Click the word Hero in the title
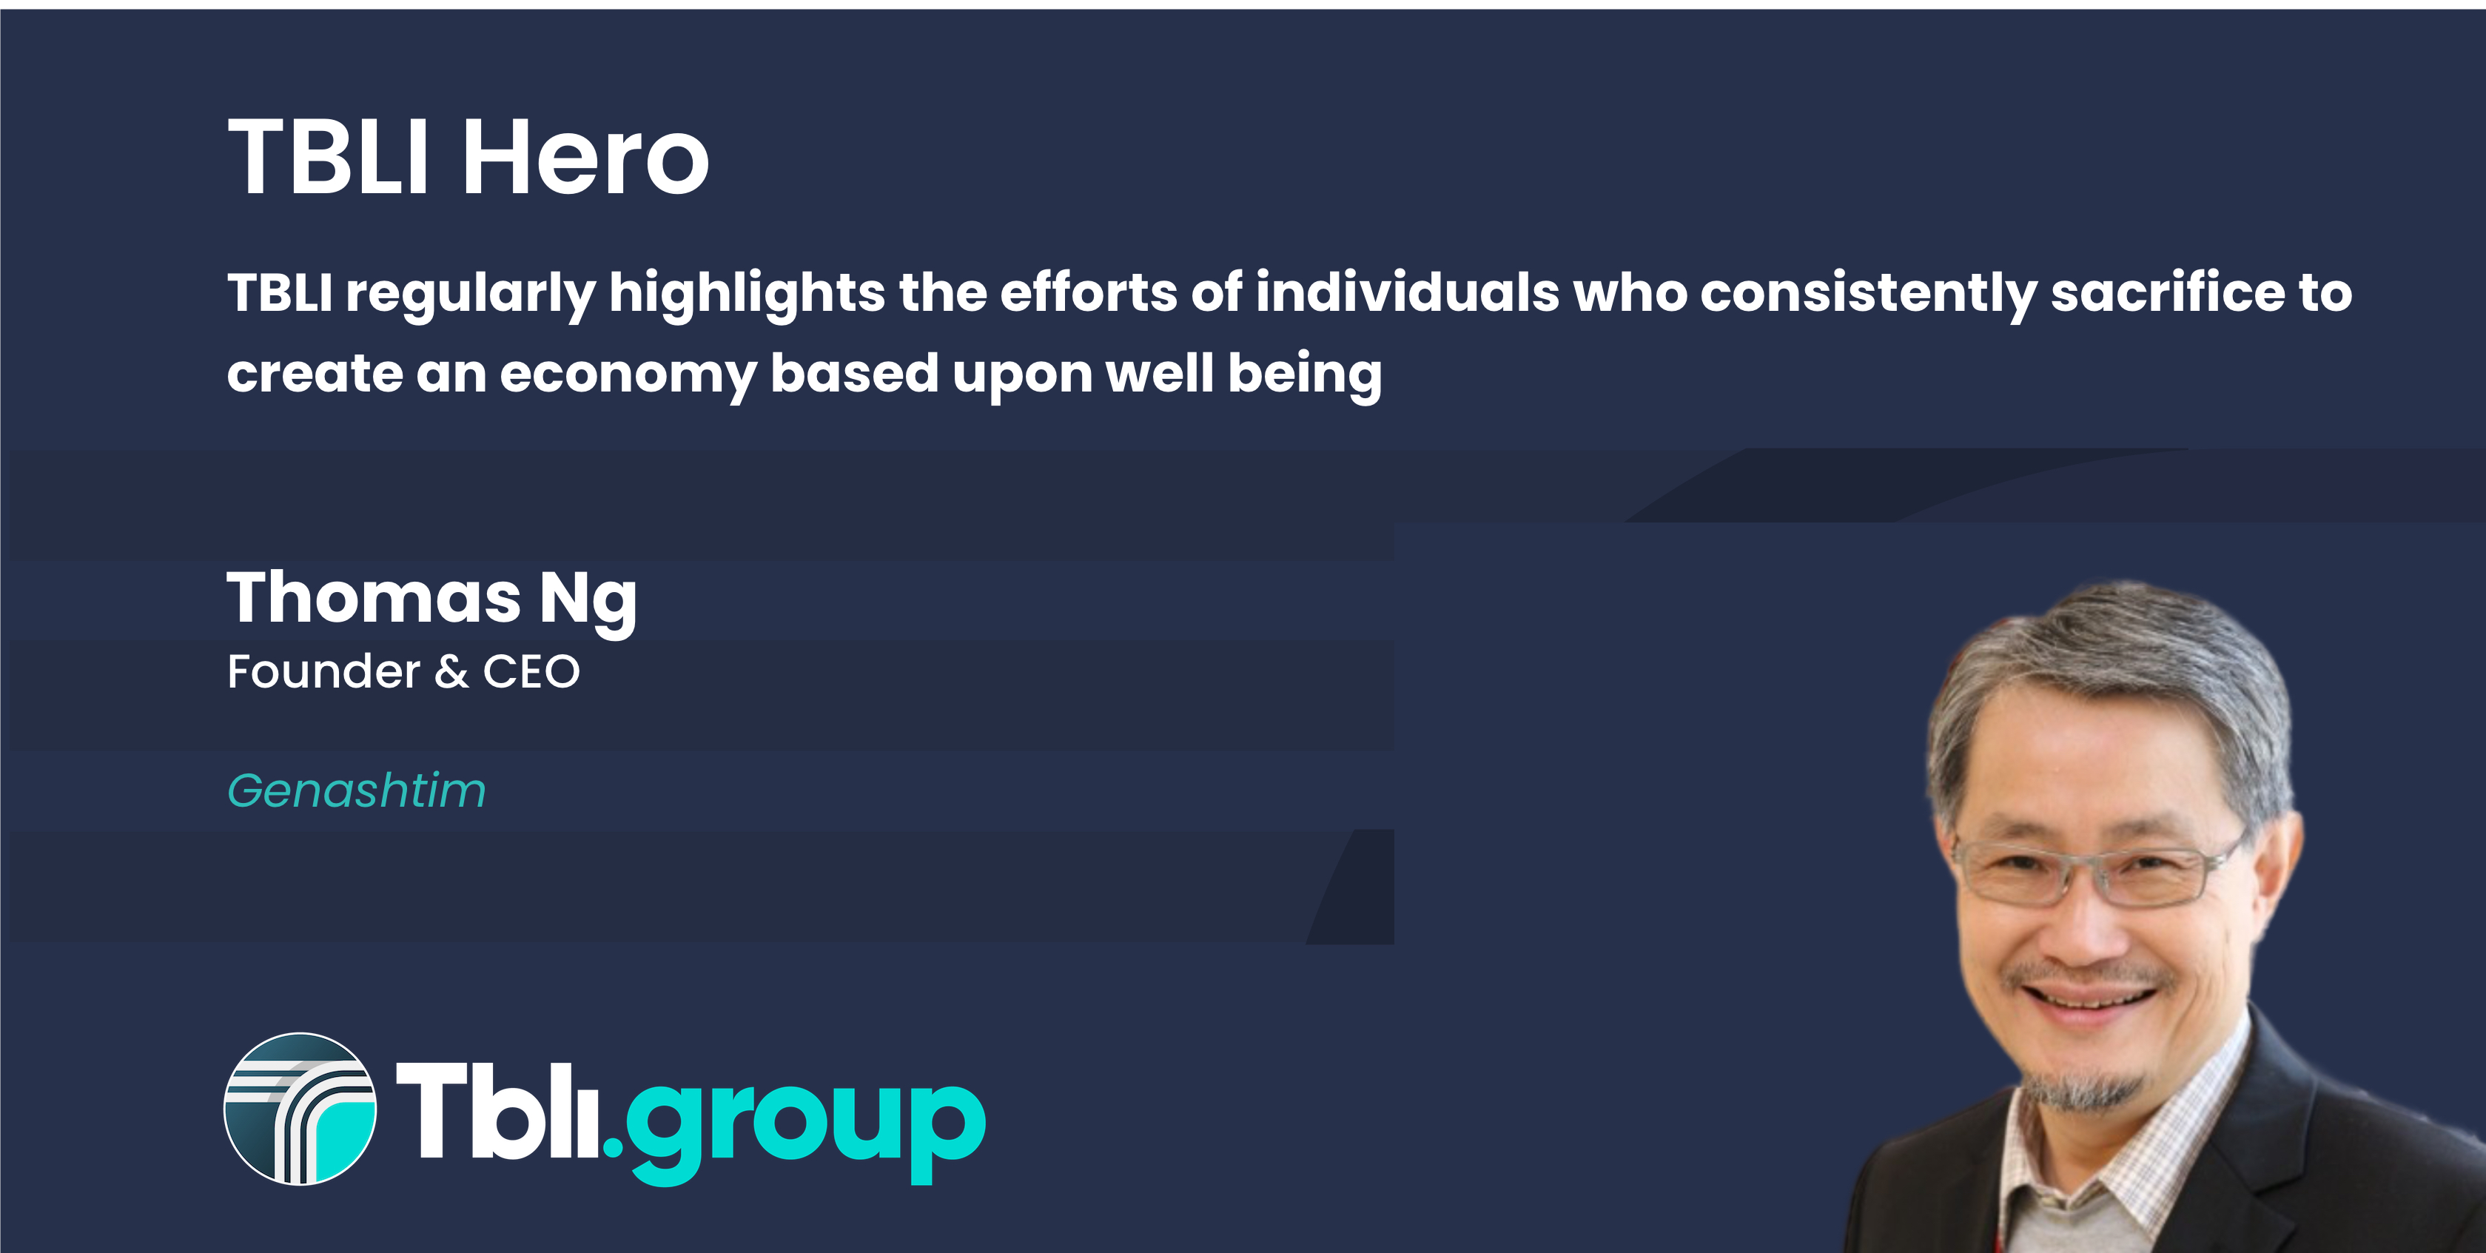coord(586,156)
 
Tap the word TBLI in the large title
coord(327,156)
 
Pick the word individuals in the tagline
coord(1407,292)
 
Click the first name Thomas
coord(374,597)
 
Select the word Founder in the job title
coord(323,671)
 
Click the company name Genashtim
coord(356,790)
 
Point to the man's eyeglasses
coord(2099,870)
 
